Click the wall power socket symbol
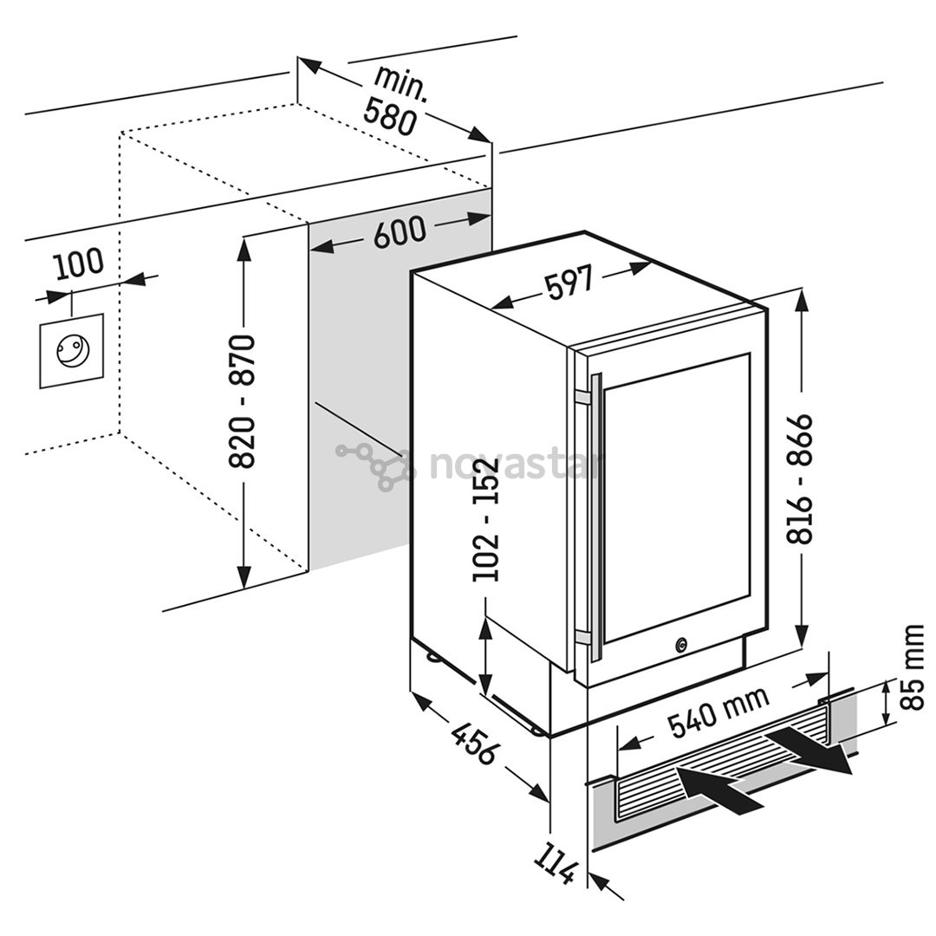pos(71,350)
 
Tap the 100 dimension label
pos(79,263)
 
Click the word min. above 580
pos(400,82)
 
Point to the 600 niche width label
pos(400,232)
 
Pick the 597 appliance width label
pos(569,283)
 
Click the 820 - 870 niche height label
pos(243,401)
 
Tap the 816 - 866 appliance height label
pos(801,478)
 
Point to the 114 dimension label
pos(555,859)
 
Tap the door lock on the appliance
pos(681,645)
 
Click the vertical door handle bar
pos(595,511)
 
